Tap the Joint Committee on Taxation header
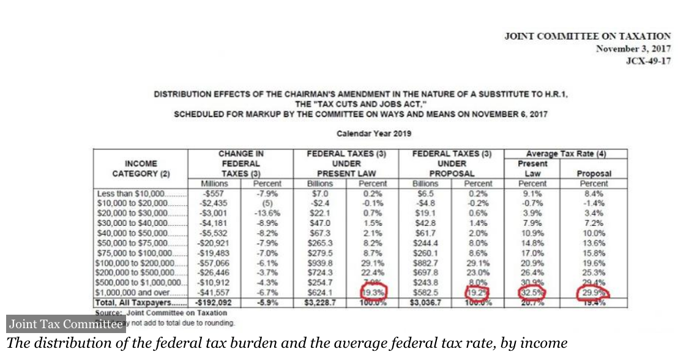(587, 37)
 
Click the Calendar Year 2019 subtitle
(374, 133)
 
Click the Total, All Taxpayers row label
(135, 302)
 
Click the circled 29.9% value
(593, 293)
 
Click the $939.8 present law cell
(320, 263)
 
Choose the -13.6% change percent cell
(267, 213)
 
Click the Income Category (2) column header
(141, 168)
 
